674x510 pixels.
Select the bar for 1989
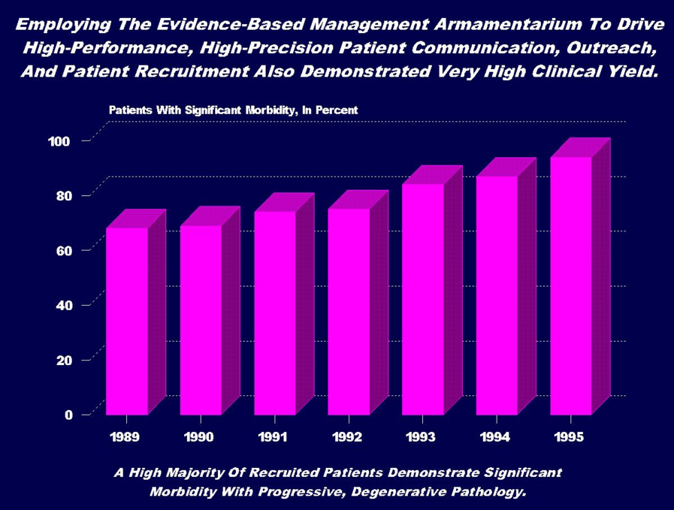(x=126, y=321)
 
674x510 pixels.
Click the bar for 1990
(x=201, y=319)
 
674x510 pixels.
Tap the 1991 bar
(x=275, y=312)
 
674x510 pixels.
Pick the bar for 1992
(x=349, y=311)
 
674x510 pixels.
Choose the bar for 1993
(x=423, y=299)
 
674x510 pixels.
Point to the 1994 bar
(x=497, y=295)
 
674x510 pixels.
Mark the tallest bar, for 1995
(x=571, y=285)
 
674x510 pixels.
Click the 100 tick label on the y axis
(x=60, y=140)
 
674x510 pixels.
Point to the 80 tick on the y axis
(x=64, y=195)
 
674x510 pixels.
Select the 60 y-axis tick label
(x=64, y=250)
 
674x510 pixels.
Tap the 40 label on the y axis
(x=64, y=305)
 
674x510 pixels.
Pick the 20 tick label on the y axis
(x=64, y=360)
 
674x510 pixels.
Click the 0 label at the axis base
(x=68, y=415)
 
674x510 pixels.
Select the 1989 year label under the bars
(x=126, y=437)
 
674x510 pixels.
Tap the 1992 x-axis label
(x=349, y=437)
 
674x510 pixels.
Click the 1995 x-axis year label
(x=571, y=437)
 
